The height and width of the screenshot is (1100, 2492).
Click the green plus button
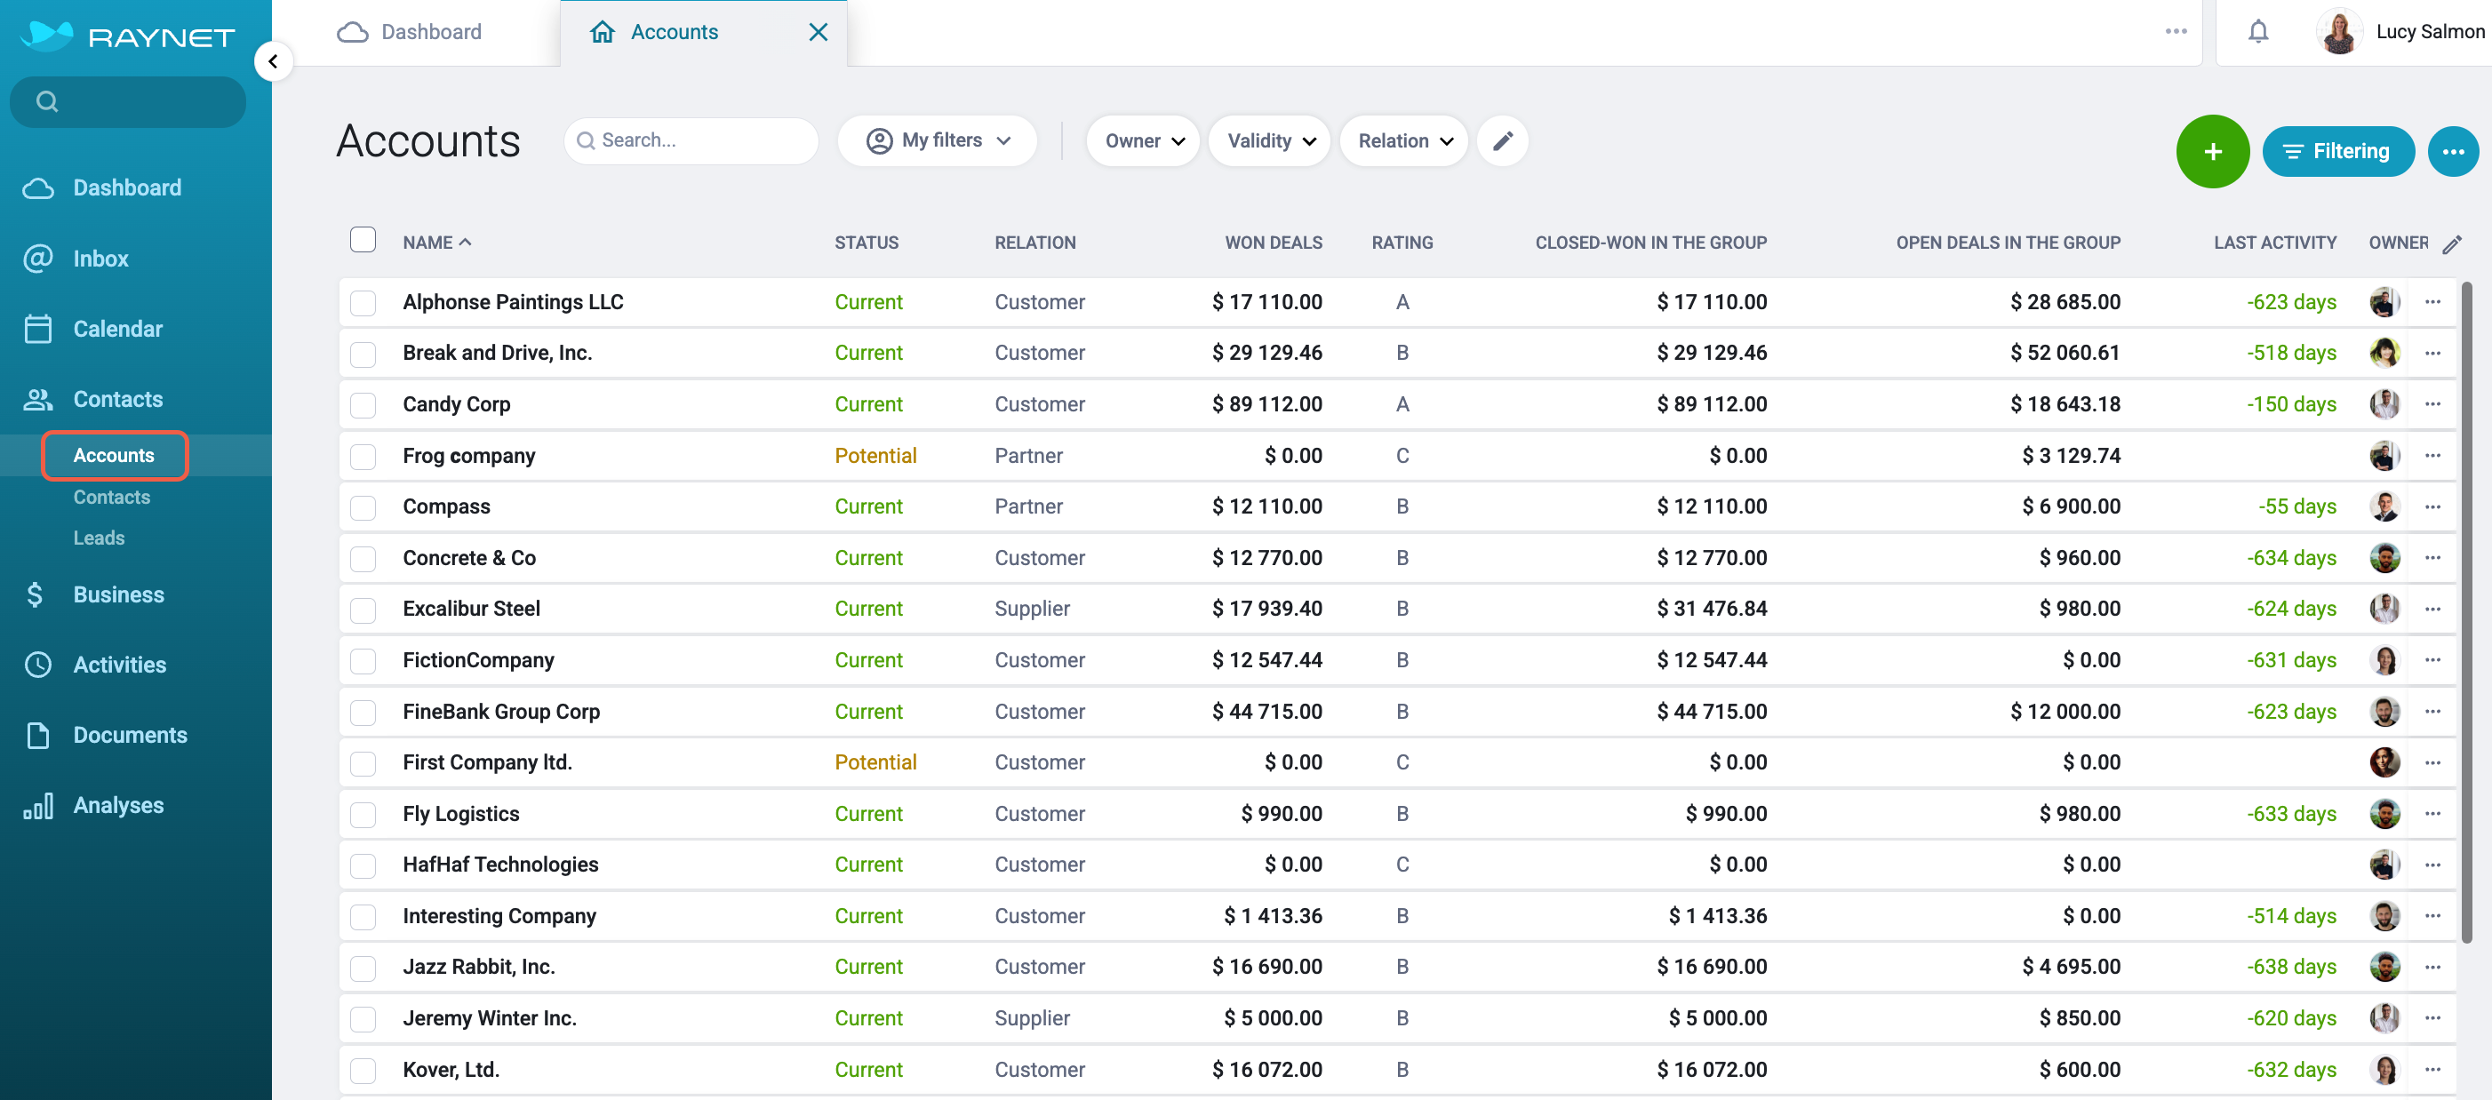point(2211,151)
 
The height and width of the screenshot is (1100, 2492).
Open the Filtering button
point(2337,151)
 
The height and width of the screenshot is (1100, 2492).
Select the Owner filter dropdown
point(1143,141)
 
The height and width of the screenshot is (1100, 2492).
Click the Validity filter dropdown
point(1269,141)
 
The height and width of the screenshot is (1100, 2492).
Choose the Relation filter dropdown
point(1403,141)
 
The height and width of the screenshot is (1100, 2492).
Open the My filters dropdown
point(938,141)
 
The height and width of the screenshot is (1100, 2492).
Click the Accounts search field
point(691,141)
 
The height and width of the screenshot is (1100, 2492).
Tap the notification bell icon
point(2258,32)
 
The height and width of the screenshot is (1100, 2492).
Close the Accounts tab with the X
point(818,32)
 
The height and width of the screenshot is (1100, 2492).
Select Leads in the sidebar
point(99,538)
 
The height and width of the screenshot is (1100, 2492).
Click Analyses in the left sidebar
point(119,805)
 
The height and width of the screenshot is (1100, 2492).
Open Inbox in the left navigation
point(100,259)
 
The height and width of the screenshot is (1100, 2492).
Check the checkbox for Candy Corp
point(363,404)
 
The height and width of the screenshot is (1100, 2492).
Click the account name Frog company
point(469,456)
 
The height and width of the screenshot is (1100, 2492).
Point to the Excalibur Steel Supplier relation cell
point(1032,609)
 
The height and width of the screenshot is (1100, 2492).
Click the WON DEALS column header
point(1273,243)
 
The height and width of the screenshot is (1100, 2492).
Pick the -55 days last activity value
point(2296,507)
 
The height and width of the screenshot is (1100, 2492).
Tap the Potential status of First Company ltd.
point(875,762)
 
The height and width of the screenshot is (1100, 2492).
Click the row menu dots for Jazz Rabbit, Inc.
point(2432,967)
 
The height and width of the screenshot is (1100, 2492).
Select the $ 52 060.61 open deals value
point(2065,353)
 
